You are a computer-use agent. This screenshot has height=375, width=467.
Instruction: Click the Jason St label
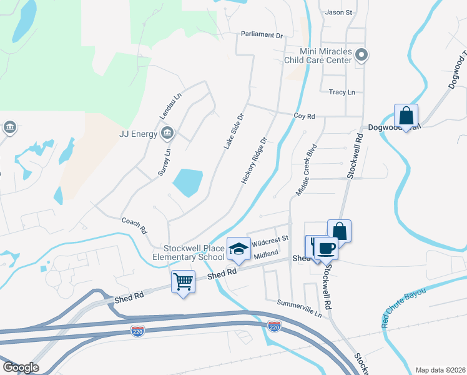click(339, 12)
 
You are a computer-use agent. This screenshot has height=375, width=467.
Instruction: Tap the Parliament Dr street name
click(263, 35)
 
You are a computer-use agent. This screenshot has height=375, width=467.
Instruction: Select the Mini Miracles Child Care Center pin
click(361, 57)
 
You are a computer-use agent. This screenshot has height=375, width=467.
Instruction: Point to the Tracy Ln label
click(342, 92)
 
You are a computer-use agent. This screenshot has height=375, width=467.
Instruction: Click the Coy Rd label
click(304, 116)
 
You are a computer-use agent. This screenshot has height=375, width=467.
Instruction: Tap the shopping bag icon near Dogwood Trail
click(406, 116)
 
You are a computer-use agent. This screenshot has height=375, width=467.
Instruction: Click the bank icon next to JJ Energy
click(167, 132)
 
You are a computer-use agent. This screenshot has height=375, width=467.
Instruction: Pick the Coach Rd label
click(134, 224)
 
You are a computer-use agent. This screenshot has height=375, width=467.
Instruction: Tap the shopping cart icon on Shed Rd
click(183, 281)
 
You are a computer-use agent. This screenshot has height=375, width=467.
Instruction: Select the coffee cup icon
click(325, 247)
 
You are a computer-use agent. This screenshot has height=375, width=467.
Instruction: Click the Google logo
click(21, 367)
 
